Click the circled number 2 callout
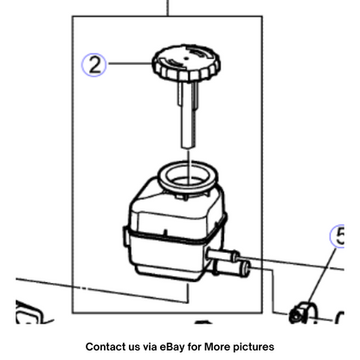click(x=93, y=65)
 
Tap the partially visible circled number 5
click(x=338, y=236)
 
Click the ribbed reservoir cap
click(x=186, y=63)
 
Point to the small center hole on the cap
click(x=186, y=58)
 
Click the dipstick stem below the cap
click(x=188, y=115)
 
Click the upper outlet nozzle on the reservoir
click(x=223, y=255)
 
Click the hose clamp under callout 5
click(x=304, y=312)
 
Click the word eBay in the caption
click(x=172, y=346)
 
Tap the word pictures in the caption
click(x=254, y=347)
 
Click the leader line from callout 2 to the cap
click(x=130, y=63)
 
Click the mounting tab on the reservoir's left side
click(x=125, y=236)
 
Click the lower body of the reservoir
click(x=167, y=257)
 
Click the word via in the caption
click(x=150, y=346)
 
